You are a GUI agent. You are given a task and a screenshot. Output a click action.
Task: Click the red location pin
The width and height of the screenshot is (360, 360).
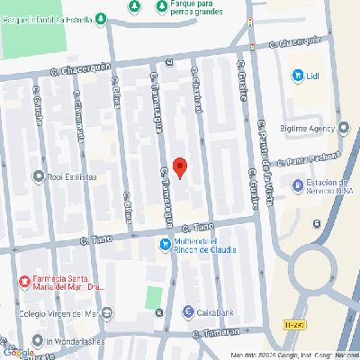(x=179, y=167)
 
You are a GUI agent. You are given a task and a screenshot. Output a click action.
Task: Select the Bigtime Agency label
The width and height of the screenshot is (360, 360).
(x=310, y=129)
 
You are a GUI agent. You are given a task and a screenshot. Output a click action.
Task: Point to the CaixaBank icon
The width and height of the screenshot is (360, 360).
(x=188, y=311)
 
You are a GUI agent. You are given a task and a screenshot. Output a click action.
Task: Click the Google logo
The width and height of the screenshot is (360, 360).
(x=19, y=352)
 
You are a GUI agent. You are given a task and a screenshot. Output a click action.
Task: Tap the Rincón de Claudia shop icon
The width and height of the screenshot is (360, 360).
(x=165, y=245)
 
